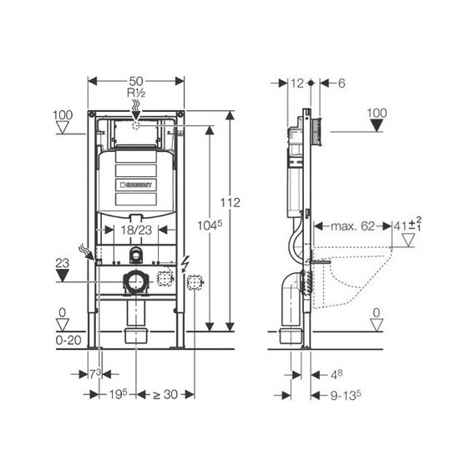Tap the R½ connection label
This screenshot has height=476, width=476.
click(135, 93)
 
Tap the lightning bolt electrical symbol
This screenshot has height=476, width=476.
click(182, 261)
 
